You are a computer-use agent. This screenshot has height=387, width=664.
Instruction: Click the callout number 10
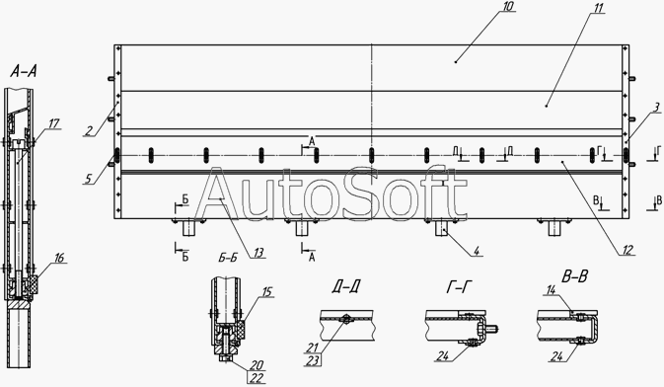tap(508, 6)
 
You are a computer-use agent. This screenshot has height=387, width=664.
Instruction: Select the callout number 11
tap(597, 8)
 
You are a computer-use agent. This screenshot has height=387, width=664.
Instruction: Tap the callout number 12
tap(627, 250)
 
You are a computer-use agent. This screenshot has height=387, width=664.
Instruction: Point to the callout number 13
tap(258, 253)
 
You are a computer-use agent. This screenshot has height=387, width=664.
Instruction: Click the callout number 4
tap(477, 251)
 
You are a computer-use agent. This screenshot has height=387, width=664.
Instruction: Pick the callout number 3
tap(656, 108)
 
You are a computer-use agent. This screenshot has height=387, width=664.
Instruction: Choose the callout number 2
tap(89, 131)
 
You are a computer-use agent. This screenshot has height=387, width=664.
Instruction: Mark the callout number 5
tap(88, 179)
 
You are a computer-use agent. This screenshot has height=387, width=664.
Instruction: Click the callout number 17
tap(54, 123)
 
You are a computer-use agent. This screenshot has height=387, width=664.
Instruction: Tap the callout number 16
tap(59, 258)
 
